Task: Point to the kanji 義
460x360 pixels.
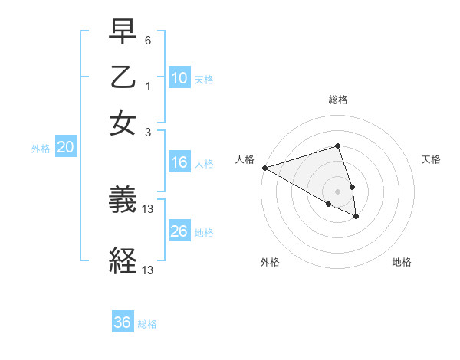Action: pos(123,200)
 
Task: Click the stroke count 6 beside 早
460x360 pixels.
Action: pos(148,39)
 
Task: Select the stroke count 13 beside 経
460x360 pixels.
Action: pos(149,270)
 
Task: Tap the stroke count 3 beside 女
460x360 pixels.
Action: pos(148,132)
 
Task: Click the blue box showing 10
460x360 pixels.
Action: pos(179,78)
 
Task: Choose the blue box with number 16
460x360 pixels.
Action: pos(179,162)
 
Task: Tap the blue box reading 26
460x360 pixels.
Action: pos(179,231)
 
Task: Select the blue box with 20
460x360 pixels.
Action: pos(65,148)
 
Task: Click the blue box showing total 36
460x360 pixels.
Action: pos(123,322)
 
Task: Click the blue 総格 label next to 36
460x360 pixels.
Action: pos(147,324)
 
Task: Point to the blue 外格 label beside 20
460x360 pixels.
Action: pos(41,149)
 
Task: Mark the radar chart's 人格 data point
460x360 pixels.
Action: pos(264,167)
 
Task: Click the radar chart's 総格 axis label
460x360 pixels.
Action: pos(337,100)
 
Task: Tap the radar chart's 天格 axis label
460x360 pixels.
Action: pos(431,159)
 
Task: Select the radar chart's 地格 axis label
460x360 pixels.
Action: pos(402,262)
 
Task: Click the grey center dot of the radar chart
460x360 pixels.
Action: pos(337,191)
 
